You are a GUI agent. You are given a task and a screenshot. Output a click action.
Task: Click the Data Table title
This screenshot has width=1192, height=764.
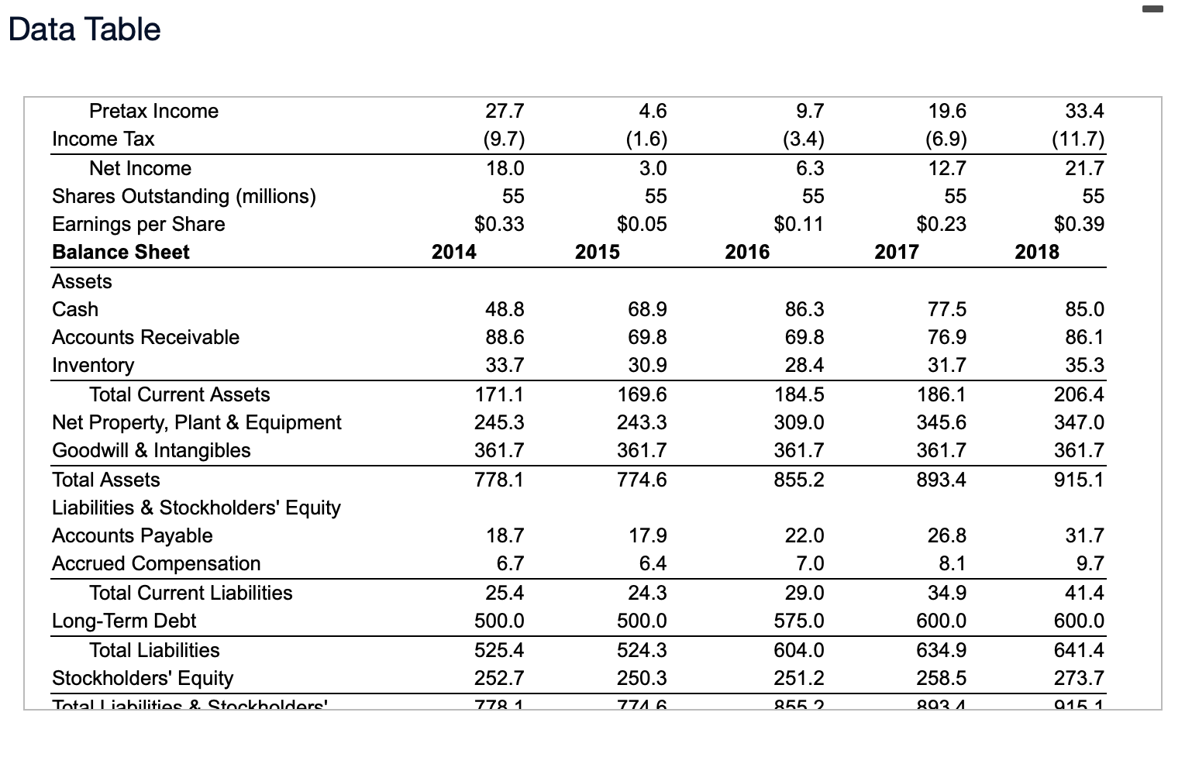point(84,29)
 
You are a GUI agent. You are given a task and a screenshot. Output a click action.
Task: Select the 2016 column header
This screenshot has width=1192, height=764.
point(747,252)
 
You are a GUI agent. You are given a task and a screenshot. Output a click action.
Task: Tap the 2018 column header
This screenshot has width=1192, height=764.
point(1037,252)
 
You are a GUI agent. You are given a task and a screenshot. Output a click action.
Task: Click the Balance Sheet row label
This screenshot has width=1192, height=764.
point(120,252)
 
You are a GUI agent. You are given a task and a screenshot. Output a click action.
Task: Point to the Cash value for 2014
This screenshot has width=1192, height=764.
point(504,309)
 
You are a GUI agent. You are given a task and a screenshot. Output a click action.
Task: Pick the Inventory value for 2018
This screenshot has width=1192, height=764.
point(1084,365)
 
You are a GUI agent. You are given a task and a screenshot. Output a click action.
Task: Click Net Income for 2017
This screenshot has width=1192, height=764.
point(946,168)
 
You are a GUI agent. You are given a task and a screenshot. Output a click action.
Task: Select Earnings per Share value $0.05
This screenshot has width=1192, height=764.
point(641,224)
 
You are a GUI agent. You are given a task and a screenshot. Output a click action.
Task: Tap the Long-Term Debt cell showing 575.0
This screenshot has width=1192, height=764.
point(799,621)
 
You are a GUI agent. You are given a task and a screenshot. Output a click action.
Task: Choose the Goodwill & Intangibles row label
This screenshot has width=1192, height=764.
point(151,450)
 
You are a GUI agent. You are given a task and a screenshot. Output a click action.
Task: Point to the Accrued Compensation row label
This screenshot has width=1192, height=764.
point(156,563)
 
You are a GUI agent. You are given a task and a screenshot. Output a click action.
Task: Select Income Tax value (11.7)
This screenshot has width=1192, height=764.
point(1077,139)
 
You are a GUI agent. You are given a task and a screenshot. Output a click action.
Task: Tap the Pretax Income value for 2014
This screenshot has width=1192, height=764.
point(505,111)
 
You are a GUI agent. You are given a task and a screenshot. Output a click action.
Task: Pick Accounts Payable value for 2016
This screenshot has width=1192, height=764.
point(804,535)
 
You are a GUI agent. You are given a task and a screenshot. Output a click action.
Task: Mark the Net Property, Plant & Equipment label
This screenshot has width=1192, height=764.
point(196,422)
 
